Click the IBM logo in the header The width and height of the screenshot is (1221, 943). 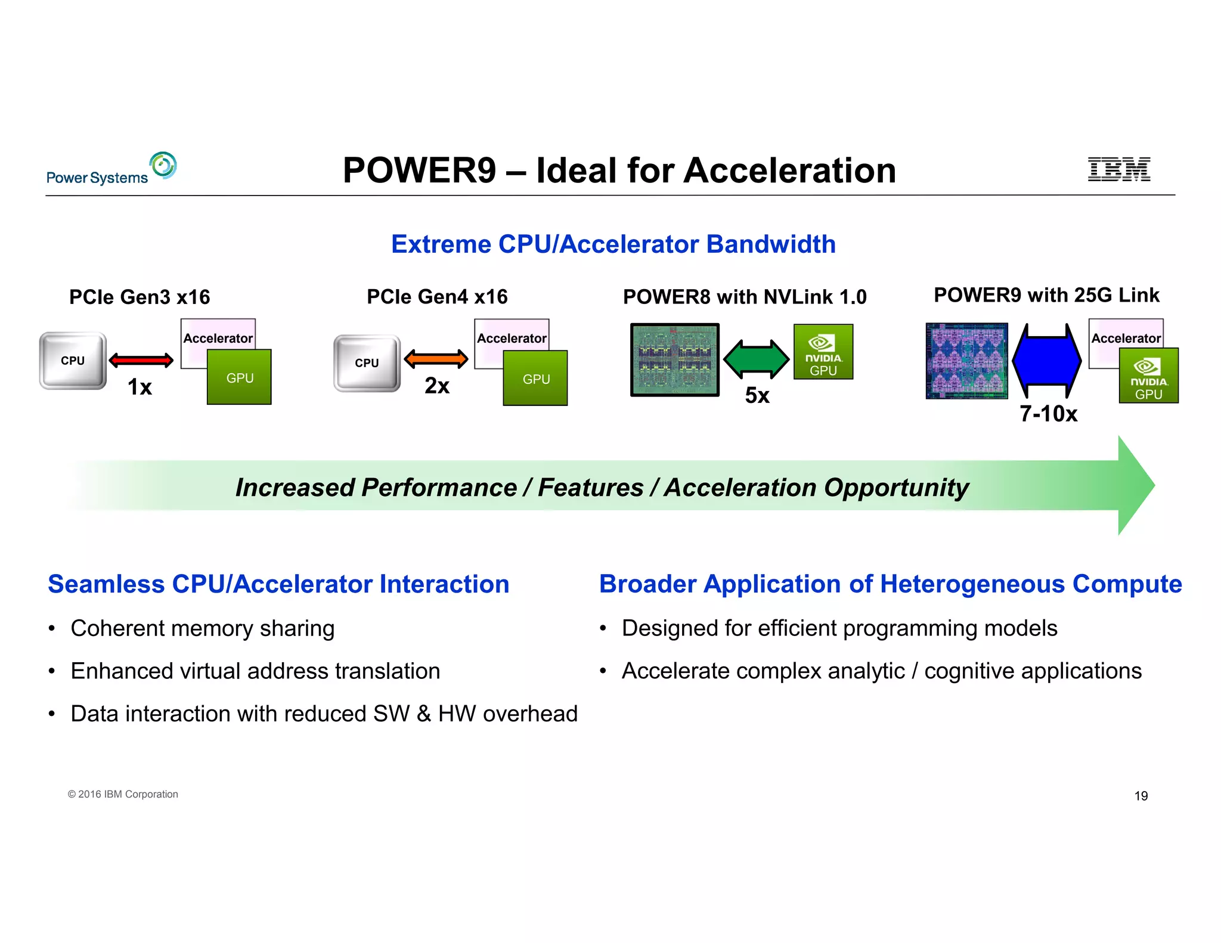[x=1118, y=169]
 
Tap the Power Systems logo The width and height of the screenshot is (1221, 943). [x=111, y=169]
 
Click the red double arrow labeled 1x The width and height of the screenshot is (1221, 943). [x=141, y=360]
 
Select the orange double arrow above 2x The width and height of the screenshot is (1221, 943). [x=436, y=358]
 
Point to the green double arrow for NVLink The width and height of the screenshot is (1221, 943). [x=756, y=359]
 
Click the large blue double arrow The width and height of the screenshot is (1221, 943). [x=1047, y=361]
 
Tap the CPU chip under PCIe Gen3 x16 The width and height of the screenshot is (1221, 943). [x=73, y=361]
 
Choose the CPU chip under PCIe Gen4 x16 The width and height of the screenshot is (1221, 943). [x=367, y=363]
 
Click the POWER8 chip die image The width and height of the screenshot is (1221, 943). [x=674, y=359]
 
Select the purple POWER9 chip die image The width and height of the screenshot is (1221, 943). [x=966, y=361]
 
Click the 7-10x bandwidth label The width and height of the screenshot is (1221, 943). [x=1048, y=414]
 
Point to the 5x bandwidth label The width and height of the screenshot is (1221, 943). [x=757, y=395]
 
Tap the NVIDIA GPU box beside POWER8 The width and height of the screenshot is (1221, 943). [x=823, y=352]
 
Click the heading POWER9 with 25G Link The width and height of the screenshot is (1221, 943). [x=1046, y=295]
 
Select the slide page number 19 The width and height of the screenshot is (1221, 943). [x=1141, y=796]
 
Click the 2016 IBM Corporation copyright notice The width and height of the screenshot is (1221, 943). [x=123, y=794]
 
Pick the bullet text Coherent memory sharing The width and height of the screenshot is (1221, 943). [x=202, y=628]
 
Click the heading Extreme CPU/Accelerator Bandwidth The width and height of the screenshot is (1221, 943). [x=613, y=244]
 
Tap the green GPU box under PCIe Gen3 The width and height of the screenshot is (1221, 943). [x=240, y=377]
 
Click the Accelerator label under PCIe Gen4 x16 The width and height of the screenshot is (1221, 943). [x=512, y=338]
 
